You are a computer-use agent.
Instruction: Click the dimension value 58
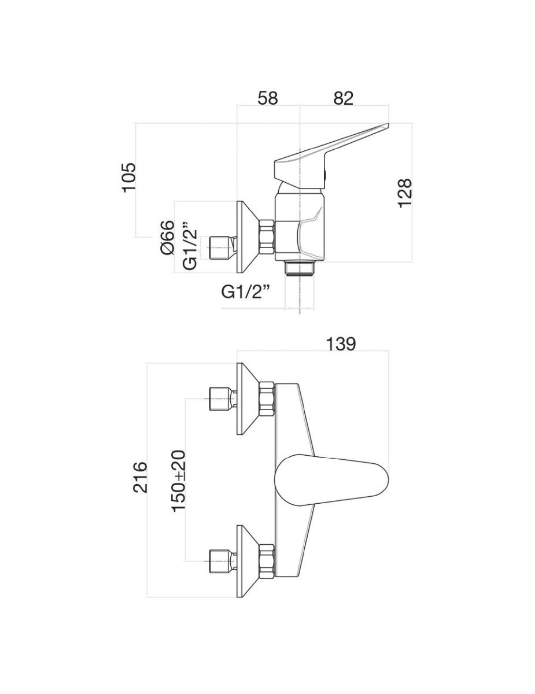[x=268, y=98]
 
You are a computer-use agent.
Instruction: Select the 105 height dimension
[x=128, y=177]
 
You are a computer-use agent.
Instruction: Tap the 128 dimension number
[x=404, y=191]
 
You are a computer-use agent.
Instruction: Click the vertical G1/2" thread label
[x=190, y=246]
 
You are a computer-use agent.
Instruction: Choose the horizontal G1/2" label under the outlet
[x=246, y=292]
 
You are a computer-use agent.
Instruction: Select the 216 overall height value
[x=141, y=477]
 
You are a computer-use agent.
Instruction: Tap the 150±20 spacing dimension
[x=179, y=479]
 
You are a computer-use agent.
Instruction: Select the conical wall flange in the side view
[x=247, y=237]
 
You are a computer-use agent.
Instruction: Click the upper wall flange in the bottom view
[x=247, y=398]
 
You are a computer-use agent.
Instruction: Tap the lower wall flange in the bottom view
[x=247, y=560]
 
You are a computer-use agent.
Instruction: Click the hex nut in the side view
[x=268, y=237]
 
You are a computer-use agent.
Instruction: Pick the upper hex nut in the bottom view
[x=267, y=398]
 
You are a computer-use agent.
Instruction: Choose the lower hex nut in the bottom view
[x=267, y=560]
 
